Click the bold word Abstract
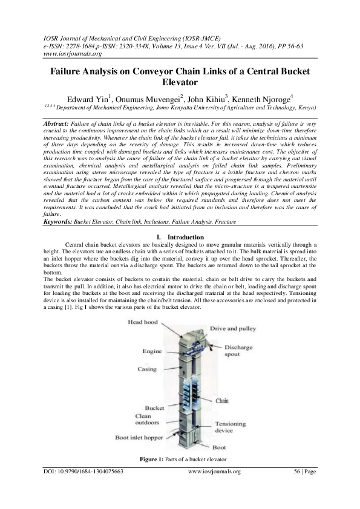pos(57,122)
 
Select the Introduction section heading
pos(185,237)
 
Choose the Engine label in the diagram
pos(152,351)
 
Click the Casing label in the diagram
pos(147,369)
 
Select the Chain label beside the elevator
pos(222,400)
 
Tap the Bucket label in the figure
pos(154,408)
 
